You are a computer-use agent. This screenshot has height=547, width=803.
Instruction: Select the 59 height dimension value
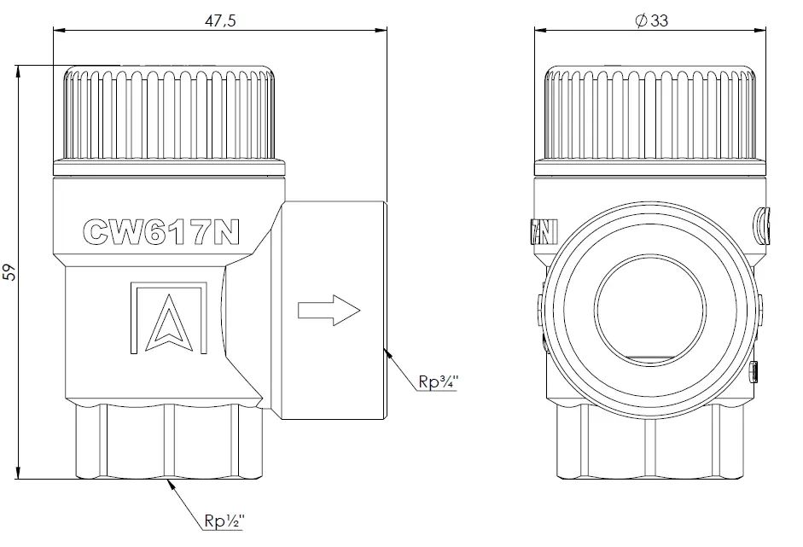pyautogui.click(x=9, y=272)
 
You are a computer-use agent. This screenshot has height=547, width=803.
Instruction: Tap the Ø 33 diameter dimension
pyautogui.click(x=651, y=20)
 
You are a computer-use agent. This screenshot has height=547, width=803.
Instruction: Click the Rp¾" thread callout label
pyautogui.click(x=439, y=381)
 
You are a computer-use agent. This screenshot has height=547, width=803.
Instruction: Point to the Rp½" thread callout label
pyautogui.click(x=224, y=521)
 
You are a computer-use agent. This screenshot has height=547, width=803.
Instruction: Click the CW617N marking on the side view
pyautogui.click(x=161, y=232)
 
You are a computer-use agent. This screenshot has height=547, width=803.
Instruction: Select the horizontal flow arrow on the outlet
pyautogui.click(x=329, y=310)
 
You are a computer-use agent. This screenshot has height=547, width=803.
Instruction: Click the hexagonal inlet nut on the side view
pyautogui.click(x=169, y=440)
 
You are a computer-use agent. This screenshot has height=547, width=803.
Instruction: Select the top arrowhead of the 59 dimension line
pyautogui.click(x=19, y=66)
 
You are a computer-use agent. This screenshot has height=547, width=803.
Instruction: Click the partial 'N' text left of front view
pyautogui.click(x=544, y=232)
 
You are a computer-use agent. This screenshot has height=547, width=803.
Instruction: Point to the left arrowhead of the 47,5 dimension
pyautogui.click(x=54, y=30)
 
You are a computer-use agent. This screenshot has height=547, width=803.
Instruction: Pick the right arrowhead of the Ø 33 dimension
pyautogui.click(x=766, y=30)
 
